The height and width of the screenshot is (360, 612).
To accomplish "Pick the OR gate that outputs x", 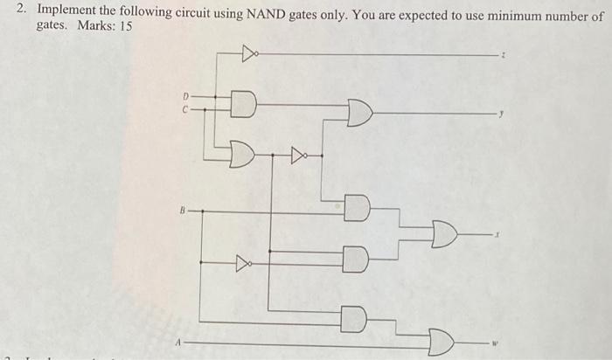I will pyautogui.click(x=444, y=234).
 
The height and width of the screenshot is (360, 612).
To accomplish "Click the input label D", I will pyautogui.click(x=185, y=95).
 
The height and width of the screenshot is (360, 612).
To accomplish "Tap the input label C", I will pyautogui.click(x=185, y=110).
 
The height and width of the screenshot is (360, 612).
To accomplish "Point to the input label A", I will pyautogui.click(x=179, y=343).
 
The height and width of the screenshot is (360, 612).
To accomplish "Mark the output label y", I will pyautogui.click(x=502, y=114).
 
